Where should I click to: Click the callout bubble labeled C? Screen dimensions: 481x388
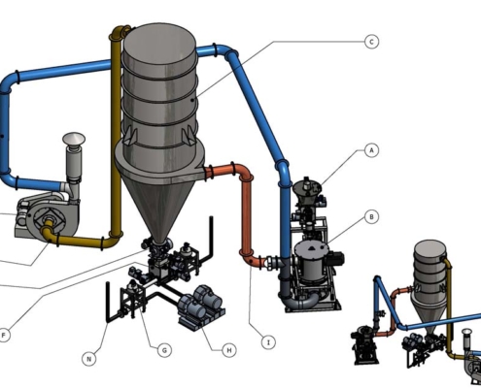click(x=371, y=42)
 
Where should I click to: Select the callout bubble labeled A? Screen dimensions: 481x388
click(x=371, y=150)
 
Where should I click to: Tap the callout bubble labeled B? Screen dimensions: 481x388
click(x=371, y=216)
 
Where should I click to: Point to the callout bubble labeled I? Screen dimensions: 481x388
click(x=268, y=342)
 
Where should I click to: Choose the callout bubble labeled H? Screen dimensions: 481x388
click(x=229, y=350)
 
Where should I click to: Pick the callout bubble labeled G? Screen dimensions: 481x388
click(x=164, y=350)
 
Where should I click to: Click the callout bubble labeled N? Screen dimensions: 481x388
click(x=89, y=359)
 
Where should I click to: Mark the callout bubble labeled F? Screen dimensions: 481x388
click(x=4, y=335)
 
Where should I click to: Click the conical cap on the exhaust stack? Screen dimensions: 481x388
click(x=74, y=139)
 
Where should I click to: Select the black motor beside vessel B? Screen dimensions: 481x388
click(x=335, y=259)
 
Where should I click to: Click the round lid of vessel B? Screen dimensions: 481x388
click(x=312, y=248)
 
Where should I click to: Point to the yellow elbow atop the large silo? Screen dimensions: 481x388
click(x=119, y=32)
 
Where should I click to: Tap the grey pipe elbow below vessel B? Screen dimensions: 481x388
click(x=299, y=302)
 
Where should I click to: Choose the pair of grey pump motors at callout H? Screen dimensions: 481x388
click(x=200, y=306)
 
